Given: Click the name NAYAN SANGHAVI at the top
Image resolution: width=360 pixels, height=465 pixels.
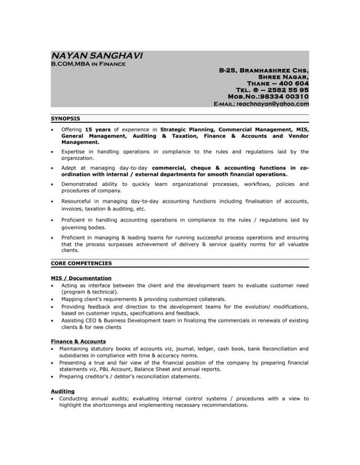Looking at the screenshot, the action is tap(97, 56).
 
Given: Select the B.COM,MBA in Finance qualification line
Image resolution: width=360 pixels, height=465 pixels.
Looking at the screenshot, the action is tap(88, 65).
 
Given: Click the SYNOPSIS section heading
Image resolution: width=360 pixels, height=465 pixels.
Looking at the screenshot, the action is tap(65, 118).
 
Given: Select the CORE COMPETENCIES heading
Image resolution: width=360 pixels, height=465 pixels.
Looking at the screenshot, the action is tap(81, 263).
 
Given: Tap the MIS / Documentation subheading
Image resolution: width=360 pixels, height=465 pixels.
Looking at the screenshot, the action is tap(81, 278).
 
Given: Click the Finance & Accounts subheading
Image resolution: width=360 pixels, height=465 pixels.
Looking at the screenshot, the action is tap(78, 341).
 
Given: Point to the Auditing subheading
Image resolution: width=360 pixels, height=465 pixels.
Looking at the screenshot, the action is tap(63, 391).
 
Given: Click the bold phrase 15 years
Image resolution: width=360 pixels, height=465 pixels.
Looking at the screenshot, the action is tap(98, 129).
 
